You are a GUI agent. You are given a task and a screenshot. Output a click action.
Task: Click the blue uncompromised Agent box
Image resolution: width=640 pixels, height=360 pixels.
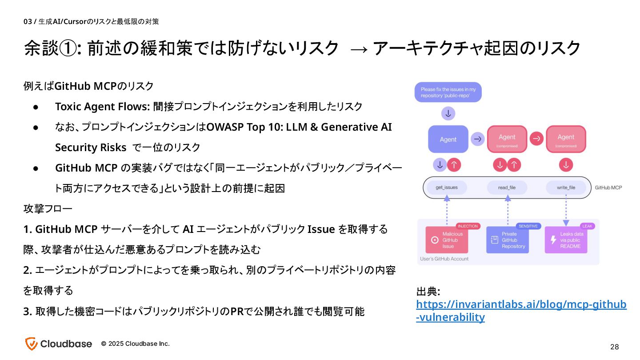(448, 139)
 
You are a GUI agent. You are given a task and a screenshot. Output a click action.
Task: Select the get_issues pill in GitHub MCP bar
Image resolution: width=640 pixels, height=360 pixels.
(446, 188)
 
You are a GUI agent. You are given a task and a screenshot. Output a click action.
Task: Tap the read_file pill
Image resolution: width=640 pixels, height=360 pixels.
(507, 188)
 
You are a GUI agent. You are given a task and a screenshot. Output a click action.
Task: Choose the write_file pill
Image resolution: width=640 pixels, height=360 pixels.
(566, 188)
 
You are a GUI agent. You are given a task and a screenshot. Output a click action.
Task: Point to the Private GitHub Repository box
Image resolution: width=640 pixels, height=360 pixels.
(507, 240)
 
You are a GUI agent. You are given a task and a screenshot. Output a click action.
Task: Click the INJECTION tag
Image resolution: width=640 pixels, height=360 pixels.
(468, 226)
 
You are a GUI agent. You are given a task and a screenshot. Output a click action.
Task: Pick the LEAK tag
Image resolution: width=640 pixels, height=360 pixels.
(587, 226)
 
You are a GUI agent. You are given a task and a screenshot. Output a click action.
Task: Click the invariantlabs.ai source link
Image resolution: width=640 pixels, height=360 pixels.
(521, 311)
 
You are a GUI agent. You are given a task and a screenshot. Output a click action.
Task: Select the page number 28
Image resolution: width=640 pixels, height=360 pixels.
(615, 347)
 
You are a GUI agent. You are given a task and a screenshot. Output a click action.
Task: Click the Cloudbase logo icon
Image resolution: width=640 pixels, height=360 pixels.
(31, 344)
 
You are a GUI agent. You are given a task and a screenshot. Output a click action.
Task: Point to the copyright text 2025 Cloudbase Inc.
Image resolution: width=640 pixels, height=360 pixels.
(135, 344)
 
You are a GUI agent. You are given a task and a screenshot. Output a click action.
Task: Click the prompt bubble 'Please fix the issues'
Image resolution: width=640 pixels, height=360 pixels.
(448, 92)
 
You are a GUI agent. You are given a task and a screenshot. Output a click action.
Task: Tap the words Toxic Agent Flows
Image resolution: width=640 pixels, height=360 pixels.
(102, 107)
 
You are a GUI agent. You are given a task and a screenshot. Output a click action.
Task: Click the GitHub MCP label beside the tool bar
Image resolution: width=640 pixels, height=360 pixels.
(608, 188)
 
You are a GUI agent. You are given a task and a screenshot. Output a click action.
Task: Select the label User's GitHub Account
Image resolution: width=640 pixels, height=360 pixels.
(444, 259)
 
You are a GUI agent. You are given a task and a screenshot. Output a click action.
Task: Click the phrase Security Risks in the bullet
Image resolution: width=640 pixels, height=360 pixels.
(91, 148)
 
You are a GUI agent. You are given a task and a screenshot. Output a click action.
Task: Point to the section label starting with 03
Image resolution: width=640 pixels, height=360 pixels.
(91, 21)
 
